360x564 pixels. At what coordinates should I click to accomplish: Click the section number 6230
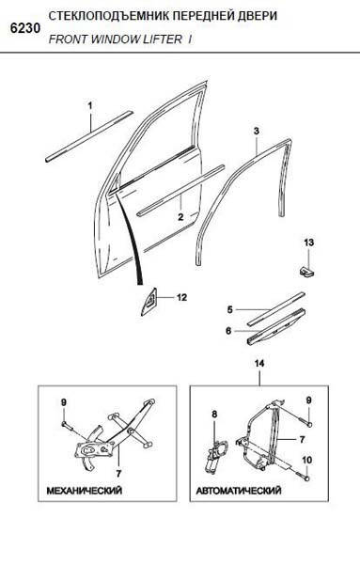point(25,28)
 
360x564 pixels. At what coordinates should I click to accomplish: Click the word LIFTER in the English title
point(163,39)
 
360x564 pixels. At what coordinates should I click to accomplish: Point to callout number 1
point(90,105)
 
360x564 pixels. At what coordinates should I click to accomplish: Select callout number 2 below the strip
point(180,217)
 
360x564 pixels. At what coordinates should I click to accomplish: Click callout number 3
point(256,131)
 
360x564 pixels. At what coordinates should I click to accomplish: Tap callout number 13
point(308,243)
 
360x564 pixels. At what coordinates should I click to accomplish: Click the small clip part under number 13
point(306,272)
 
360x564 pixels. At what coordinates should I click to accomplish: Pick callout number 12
point(182,297)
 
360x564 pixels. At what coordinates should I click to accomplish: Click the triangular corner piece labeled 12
point(149,302)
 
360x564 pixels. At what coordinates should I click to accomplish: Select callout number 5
point(229,309)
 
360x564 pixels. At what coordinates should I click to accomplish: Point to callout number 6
point(228,330)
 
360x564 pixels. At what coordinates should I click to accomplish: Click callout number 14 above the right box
point(259,364)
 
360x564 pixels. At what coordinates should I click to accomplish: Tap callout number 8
point(214,415)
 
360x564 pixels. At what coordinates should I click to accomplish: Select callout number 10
point(306,460)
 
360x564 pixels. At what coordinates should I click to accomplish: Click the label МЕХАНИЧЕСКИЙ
point(85,491)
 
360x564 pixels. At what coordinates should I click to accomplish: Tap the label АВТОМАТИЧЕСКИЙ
point(239,491)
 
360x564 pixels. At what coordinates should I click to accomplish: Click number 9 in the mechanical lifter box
point(64,403)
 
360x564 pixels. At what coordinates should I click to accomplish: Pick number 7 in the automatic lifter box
point(302,439)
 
